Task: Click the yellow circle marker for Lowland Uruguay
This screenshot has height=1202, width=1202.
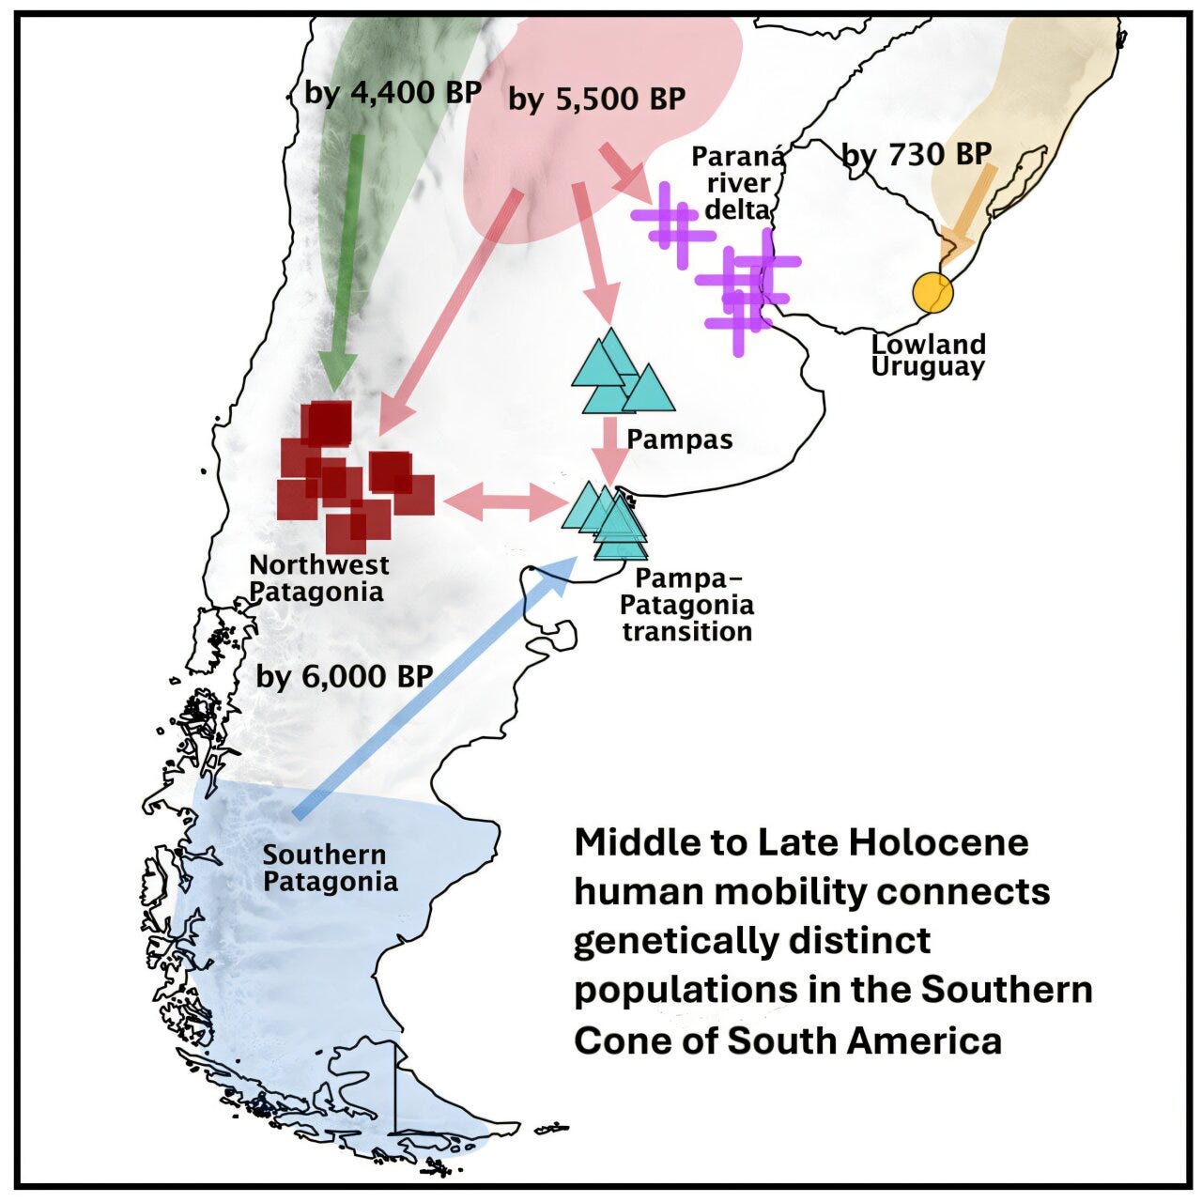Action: [932, 292]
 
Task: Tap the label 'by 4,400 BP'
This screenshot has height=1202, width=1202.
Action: [393, 93]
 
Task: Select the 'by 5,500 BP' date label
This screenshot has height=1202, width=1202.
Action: [596, 99]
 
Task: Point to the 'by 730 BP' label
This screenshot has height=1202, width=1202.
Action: [917, 153]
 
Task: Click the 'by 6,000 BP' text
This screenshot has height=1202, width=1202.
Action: [345, 676]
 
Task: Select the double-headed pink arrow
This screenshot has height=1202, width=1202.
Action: [502, 502]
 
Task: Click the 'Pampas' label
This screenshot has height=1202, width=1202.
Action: [679, 439]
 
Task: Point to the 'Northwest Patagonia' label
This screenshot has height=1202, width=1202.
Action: [318, 578]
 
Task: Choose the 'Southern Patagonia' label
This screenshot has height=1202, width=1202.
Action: [330, 868]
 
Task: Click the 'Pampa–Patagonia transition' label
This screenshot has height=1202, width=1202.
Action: [686, 605]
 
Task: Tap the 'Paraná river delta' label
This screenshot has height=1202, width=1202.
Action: [738, 182]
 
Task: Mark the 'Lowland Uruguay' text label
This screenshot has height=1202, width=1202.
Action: [928, 355]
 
